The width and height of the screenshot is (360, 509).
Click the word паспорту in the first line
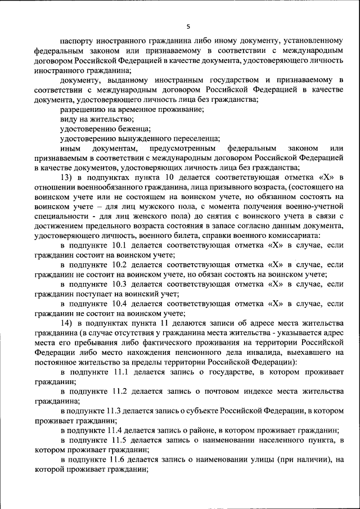click(x=77, y=40)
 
